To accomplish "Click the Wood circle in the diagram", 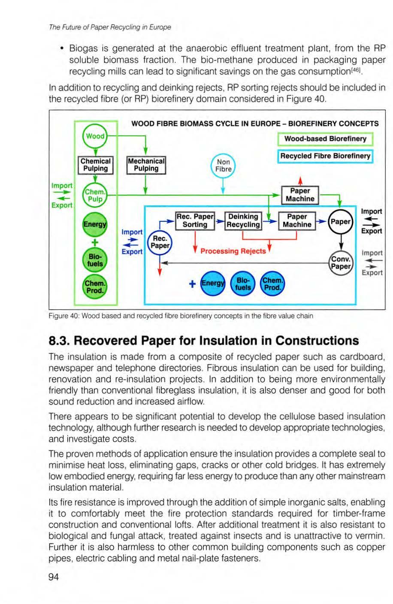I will pyautogui.click(x=95, y=136).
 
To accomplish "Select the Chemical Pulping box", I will pyautogui.click(x=96, y=165).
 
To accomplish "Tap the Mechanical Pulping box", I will pyautogui.click(x=146, y=165).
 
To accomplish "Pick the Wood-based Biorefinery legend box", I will pyautogui.click(x=325, y=139).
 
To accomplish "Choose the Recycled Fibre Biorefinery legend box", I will pyautogui.click(x=325, y=156).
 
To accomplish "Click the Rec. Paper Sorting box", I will pyautogui.click(x=195, y=220).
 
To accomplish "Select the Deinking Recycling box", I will pyautogui.click(x=243, y=220).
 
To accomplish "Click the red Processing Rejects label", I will pyautogui.click(x=233, y=251).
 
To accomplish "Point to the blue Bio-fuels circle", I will pyautogui.click(x=243, y=284).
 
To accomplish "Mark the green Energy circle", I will pyautogui.click(x=95, y=225).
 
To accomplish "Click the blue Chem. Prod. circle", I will pyautogui.click(x=272, y=284).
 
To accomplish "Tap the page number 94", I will pyautogui.click(x=54, y=577).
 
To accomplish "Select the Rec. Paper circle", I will pyautogui.click(x=159, y=242).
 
